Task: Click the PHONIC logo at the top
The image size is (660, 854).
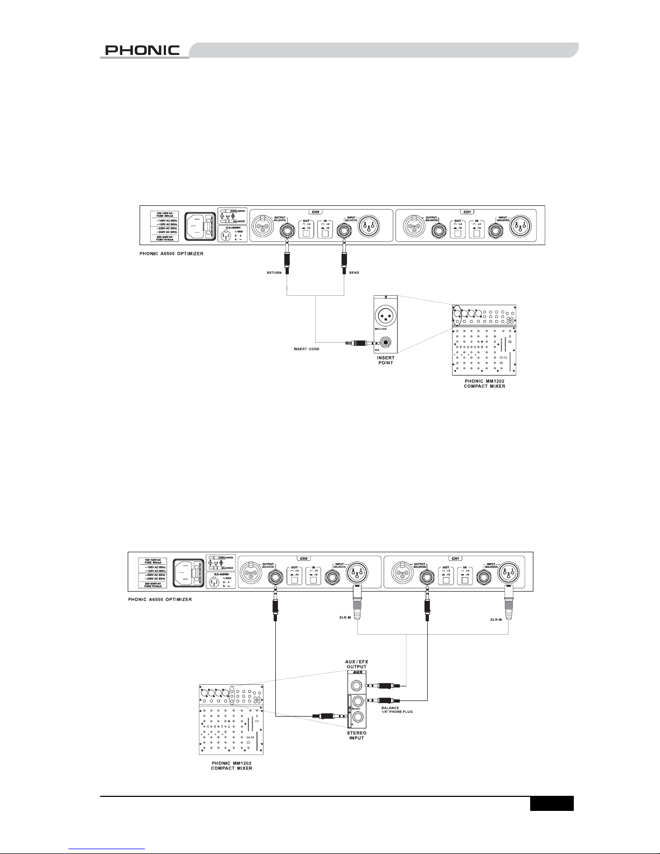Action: (x=142, y=50)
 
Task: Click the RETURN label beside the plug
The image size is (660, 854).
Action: (x=274, y=273)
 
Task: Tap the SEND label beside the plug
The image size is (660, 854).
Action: (x=353, y=273)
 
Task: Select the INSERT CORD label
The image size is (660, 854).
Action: (x=307, y=349)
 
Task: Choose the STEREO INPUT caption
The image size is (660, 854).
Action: (x=356, y=735)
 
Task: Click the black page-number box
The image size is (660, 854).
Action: (x=551, y=804)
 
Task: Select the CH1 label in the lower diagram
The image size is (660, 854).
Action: (x=455, y=558)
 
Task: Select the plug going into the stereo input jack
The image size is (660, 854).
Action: (x=325, y=717)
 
